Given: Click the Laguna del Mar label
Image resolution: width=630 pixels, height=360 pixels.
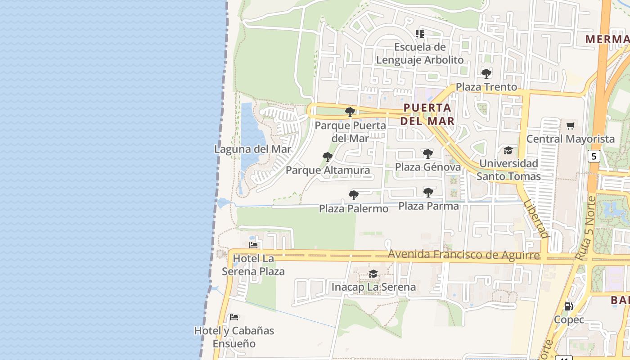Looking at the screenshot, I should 252,149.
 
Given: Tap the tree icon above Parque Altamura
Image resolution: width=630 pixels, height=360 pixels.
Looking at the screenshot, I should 328,157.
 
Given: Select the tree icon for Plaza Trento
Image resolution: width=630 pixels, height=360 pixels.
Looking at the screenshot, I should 486,73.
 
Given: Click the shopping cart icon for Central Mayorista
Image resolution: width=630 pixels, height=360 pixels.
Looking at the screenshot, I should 571,126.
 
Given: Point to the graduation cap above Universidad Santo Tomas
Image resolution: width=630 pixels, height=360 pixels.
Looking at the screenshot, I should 508,150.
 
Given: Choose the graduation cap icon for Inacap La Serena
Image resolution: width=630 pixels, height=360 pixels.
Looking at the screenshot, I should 373,274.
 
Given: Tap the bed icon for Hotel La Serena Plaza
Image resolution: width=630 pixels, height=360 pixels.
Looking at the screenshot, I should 253,245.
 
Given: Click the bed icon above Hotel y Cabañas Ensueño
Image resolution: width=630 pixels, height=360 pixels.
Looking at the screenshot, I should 234,317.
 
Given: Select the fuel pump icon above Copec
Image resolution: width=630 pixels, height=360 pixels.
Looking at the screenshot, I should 569,306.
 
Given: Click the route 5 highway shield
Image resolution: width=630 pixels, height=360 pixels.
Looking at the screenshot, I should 594,156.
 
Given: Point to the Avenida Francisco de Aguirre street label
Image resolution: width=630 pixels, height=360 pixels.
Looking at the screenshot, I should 463,255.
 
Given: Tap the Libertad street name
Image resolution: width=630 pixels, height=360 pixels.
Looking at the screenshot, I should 536,219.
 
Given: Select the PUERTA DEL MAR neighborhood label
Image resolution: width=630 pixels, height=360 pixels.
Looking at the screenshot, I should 427,114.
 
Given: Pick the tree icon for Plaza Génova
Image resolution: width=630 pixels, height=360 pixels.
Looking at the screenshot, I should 427,154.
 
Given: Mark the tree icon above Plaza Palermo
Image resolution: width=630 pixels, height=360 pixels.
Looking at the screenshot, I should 354,195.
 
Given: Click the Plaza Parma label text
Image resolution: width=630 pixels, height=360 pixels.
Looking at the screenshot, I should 428,206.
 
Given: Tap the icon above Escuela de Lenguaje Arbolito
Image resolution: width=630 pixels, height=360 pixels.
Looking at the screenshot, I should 420,33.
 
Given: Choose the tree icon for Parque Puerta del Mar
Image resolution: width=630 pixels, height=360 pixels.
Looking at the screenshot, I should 350,112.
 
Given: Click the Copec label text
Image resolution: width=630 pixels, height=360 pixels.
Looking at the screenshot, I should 569,319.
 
